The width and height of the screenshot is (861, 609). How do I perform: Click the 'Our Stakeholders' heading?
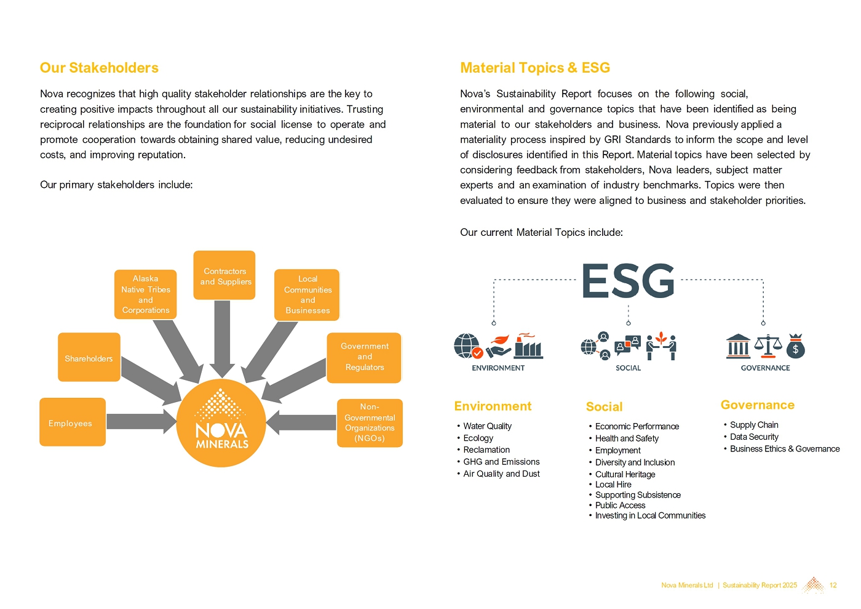pos(99,68)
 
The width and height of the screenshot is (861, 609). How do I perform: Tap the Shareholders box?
pos(89,358)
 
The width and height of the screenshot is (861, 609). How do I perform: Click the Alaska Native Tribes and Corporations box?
pos(145,294)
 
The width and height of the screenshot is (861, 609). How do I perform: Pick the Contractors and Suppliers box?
pos(224,276)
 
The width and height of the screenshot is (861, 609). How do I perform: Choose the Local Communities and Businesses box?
pos(307,295)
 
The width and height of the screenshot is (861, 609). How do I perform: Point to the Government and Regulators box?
pos(364,357)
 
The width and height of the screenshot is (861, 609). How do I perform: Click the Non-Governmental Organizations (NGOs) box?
pos(370,422)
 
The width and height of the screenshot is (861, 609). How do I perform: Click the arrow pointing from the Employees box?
pos(141,422)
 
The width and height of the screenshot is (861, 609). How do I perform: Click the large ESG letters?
pos(628,281)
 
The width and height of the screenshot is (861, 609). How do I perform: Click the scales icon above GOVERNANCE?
pos(768,345)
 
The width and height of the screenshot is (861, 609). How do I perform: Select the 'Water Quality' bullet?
pos(487,426)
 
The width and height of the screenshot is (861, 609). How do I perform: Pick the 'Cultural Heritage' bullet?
pos(625,474)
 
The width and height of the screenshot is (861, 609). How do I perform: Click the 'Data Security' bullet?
pos(754,437)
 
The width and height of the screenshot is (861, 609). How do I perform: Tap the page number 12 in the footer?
pos(833,585)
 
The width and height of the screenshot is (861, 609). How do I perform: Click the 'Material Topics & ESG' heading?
pos(535,68)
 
